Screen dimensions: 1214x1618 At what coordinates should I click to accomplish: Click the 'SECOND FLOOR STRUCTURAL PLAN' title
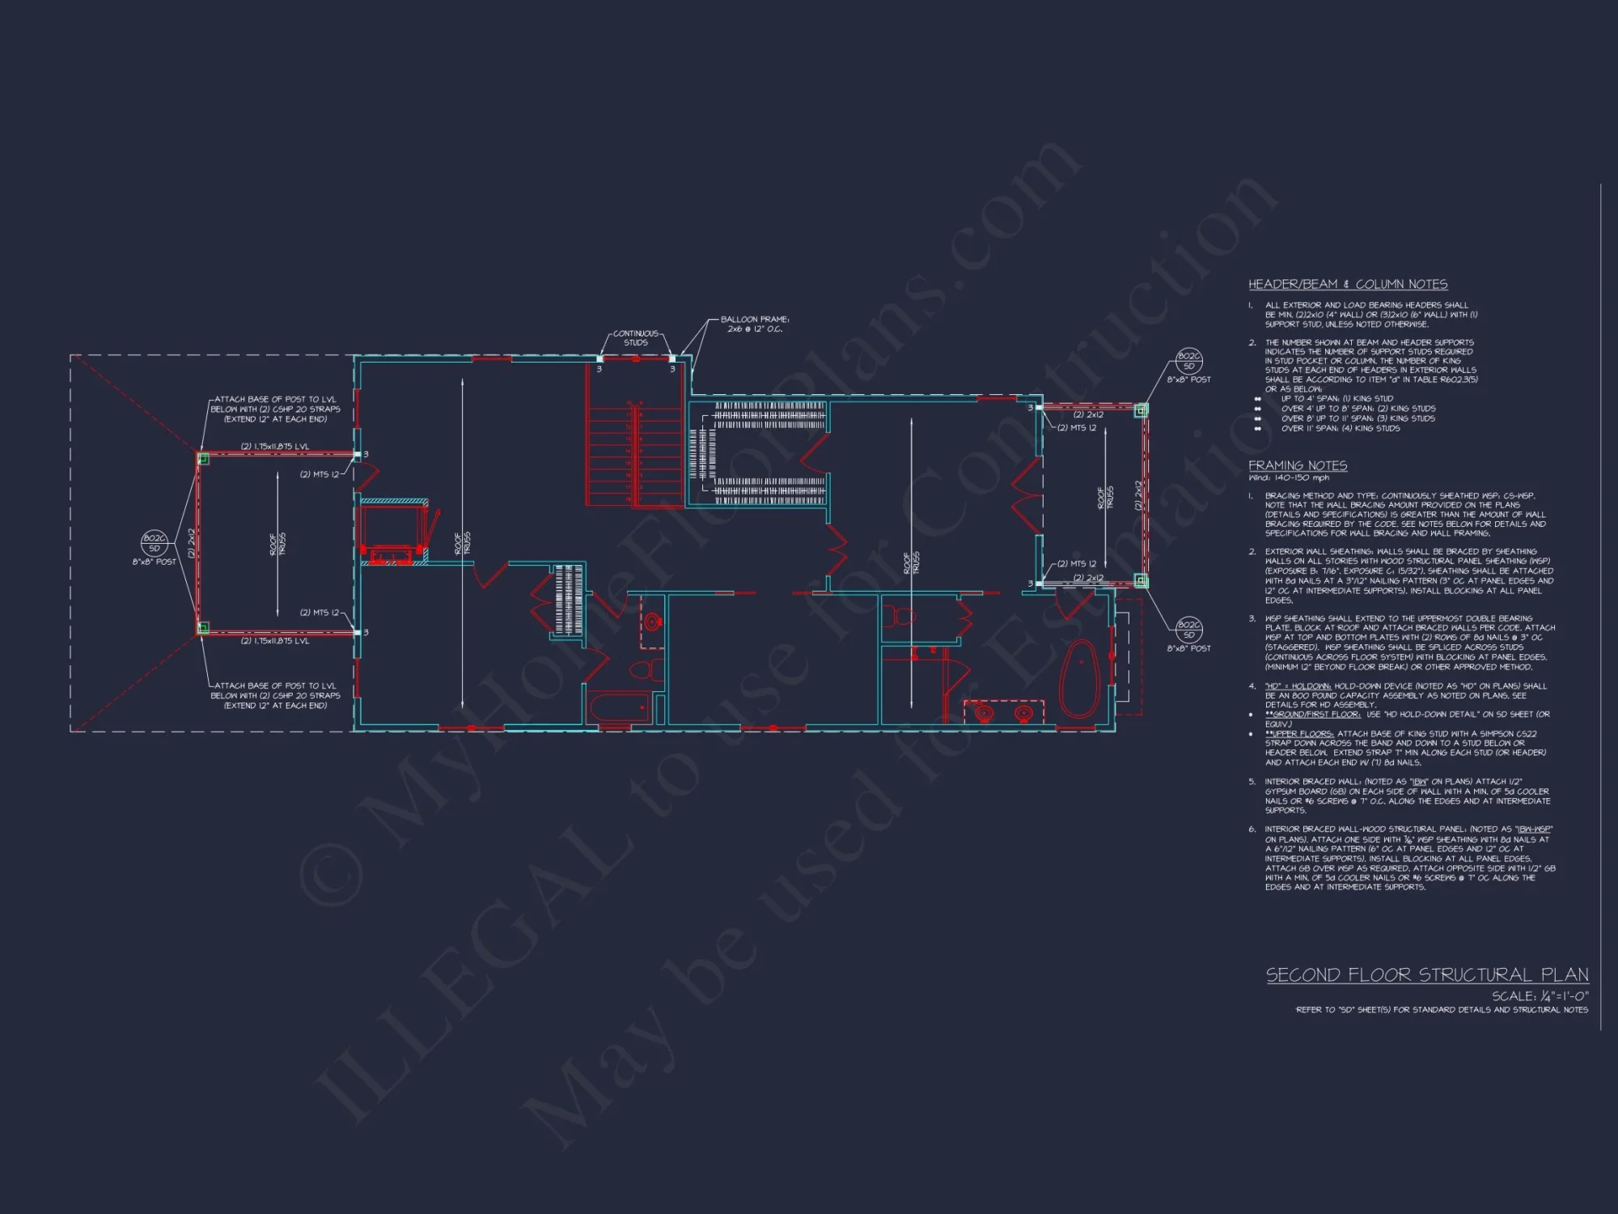1426,974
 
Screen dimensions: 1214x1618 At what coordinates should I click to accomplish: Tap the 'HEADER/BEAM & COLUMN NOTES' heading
1347,284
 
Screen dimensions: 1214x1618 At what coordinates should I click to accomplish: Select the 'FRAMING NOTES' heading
1297,465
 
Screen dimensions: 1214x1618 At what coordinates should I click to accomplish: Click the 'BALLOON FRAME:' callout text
754,319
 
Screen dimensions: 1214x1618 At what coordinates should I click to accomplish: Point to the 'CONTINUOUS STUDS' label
636,337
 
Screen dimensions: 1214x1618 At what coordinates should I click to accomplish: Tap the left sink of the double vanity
984,713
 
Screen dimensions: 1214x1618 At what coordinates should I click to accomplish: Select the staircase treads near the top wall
635,453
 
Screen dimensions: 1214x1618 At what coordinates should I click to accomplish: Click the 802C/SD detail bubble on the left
155,543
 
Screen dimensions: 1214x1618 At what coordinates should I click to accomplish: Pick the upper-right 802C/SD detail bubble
1188,361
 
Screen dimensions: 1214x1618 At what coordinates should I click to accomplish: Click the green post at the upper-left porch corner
203,459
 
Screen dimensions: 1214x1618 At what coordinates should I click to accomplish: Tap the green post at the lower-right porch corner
1140,580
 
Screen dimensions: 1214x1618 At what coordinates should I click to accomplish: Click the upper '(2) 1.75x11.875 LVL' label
274,446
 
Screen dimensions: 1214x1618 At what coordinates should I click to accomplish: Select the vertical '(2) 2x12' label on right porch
1137,495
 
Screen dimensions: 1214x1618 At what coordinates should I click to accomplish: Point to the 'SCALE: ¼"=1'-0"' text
1540,996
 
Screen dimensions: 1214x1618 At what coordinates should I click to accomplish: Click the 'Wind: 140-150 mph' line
1288,478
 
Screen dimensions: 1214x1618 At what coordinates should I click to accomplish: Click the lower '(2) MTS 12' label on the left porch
319,613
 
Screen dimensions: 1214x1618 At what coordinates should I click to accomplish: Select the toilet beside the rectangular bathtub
645,670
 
